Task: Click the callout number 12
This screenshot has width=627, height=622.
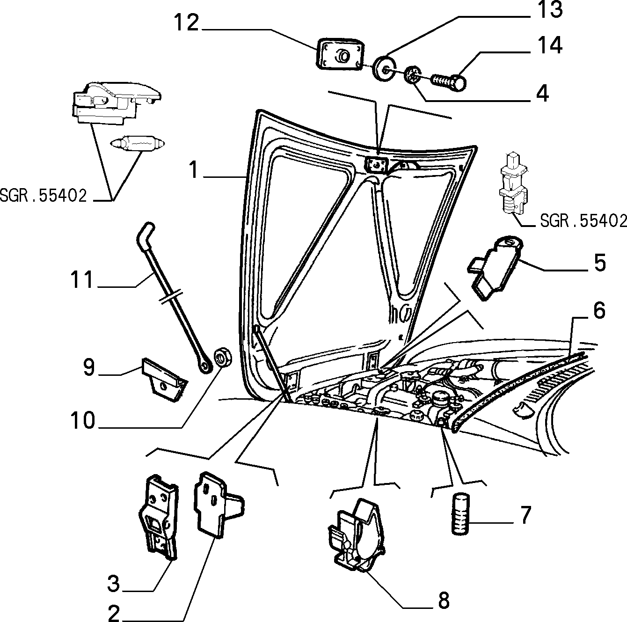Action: tap(186, 23)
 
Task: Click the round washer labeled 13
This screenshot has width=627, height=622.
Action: tap(384, 69)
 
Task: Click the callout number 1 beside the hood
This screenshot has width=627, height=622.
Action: tap(194, 169)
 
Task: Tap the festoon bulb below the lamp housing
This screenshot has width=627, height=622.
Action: tap(138, 143)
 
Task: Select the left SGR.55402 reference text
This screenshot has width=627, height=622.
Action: tap(43, 196)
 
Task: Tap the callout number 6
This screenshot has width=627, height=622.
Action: tap(599, 310)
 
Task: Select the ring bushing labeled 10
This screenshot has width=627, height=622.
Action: tap(223, 358)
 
